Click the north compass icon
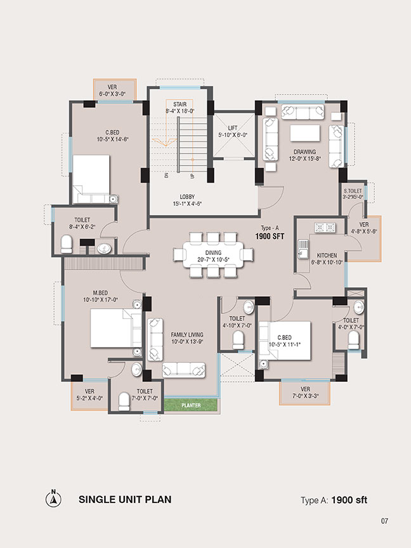click(x=53, y=499)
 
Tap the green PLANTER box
click(x=191, y=405)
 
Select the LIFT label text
click(x=233, y=128)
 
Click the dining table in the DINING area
click(x=213, y=255)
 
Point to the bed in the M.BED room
click(x=116, y=328)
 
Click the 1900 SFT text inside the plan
click(x=270, y=237)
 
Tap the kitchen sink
click(x=303, y=249)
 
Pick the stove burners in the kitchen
click(x=325, y=228)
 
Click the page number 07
click(x=384, y=521)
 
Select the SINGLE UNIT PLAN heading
click(x=125, y=499)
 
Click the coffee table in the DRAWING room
click(x=304, y=133)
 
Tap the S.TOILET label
click(x=353, y=191)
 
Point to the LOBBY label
click(x=187, y=197)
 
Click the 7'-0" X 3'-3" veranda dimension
click(x=305, y=396)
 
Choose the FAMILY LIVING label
click(x=187, y=334)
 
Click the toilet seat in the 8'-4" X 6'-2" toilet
click(x=67, y=244)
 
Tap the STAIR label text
click(x=180, y=104)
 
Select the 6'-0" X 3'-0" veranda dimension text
click(x=112, y=94)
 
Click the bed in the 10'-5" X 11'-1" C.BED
click(x=285, y=341)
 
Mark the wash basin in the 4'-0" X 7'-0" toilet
click(x=359, y=307)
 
